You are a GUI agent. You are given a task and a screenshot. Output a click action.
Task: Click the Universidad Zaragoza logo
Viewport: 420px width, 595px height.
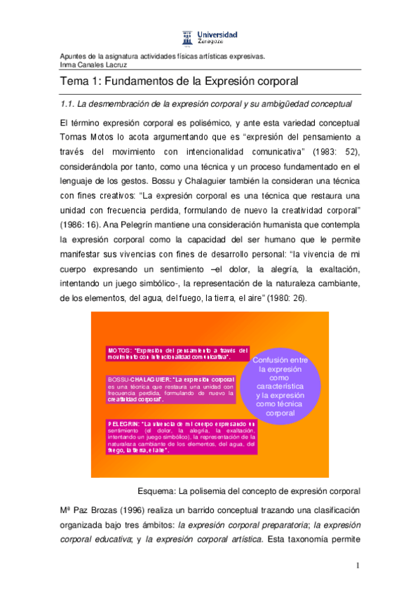(x=210, y=37)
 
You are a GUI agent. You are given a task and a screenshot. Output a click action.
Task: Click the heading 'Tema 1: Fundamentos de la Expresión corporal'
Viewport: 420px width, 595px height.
(x=179, y=81)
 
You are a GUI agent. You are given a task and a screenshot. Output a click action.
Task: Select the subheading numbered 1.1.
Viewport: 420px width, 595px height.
(x=206, y=104)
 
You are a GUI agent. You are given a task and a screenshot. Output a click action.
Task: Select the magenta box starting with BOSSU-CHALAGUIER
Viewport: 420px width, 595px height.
(x=171, y=389)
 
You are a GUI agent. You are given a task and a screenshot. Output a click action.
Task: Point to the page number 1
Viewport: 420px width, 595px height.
(x=357, y=566)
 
